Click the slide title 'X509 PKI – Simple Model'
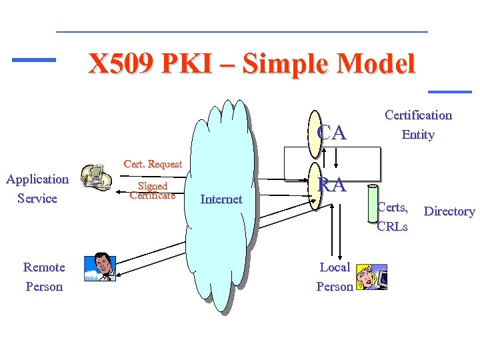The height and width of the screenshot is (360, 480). point(252,64)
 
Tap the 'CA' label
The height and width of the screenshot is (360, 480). point(332,133)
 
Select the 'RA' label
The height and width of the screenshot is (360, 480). point(332,185)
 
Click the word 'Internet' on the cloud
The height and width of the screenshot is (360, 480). point(221,199)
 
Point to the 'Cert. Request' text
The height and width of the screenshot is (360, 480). point(153,164)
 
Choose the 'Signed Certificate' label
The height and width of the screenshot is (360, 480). point(152,191)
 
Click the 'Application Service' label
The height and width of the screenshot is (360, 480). point(37,189)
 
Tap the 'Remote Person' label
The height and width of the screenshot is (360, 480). point(44,277)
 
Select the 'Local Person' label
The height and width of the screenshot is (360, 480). point(335,277)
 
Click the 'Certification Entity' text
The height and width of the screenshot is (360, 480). point(418,125)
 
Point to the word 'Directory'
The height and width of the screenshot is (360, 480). point(449,211)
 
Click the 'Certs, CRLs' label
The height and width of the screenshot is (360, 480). point(392,216)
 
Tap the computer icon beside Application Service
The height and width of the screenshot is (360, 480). point(96,178)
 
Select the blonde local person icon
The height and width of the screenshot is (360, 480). point(371,277)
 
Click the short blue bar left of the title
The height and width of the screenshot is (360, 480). point(34,60)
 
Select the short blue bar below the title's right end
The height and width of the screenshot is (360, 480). point(449,91)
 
